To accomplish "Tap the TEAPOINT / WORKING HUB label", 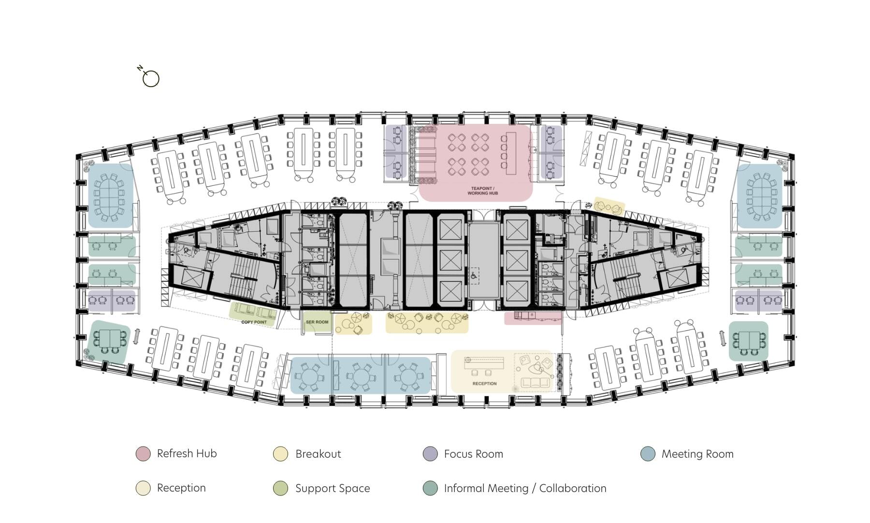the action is click(482, 191).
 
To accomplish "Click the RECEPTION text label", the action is click(484, 384).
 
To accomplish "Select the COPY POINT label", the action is click(254, 322).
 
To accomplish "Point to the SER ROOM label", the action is click(317, 322).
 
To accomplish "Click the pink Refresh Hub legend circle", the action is click(143, 454).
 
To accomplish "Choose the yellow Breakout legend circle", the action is click(280, 454).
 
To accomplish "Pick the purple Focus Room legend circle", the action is click(430, 454).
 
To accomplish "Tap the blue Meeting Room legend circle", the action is click(648, 454).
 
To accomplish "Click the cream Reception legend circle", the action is click(143, 488).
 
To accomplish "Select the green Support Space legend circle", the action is click(280, 488).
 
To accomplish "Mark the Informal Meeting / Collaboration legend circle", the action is click(430, 488).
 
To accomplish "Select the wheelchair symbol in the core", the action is click(474, 274).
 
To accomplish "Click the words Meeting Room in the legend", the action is click(697, 454).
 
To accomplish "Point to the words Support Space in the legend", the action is click(333, 488).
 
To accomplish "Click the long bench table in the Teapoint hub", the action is click(511, 152).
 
